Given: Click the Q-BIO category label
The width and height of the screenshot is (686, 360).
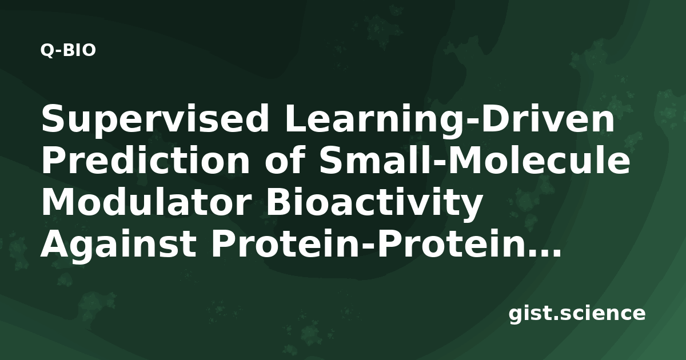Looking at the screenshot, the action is pyautogui.click(x=68, y=50).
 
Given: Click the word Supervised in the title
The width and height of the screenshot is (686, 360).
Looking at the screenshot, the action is pyautogui.click(x=155, y=119).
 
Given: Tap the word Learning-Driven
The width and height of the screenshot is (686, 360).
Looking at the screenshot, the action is pyautogui.click(x=449, y=119).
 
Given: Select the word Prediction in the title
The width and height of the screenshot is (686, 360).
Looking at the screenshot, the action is pyautogui.click(x=146, y=161).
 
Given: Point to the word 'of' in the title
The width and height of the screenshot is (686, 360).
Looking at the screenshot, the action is pyautogui.click(x=286, y=161).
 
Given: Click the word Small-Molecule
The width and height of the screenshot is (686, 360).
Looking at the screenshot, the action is pyautogui.click(x=474, y=161).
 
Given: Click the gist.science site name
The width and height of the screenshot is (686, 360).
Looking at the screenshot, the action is pyautogui.click(x=577, y=314).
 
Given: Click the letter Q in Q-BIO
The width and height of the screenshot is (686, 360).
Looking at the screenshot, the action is pyautogui.click(x=47, y=51).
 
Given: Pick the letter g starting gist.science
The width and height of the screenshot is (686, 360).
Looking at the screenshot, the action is pyautogui.click(x=516, y=316).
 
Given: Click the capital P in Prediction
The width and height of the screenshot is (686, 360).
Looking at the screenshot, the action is pyautogui.click(x=53, y=161).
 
